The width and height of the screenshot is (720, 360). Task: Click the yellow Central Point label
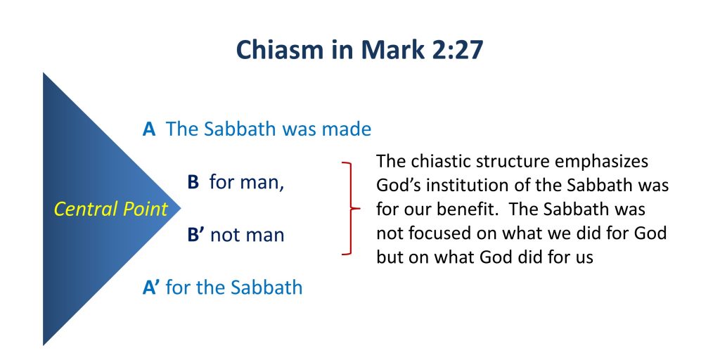coord(110,210)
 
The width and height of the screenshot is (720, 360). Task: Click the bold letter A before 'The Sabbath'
coord(149,129)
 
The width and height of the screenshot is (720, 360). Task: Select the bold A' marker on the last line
coord(152,288)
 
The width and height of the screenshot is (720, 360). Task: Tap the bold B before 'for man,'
coord(193,182)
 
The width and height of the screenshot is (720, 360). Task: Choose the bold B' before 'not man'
coord(196,235)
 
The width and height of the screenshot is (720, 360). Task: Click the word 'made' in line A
coord(346,129)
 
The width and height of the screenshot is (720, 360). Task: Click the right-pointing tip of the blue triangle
coord(181,208)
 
